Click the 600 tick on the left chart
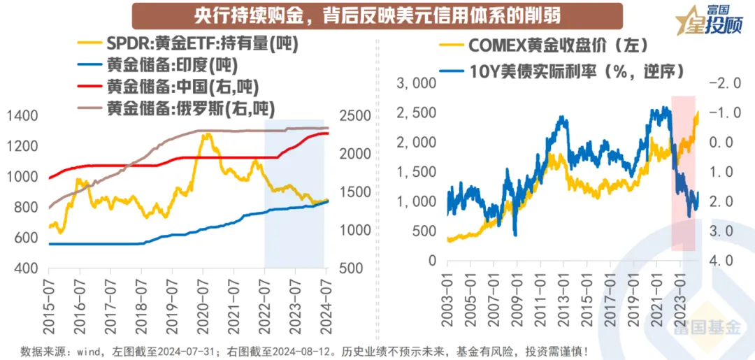coord(27,238)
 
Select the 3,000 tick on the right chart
coord(415,83)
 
